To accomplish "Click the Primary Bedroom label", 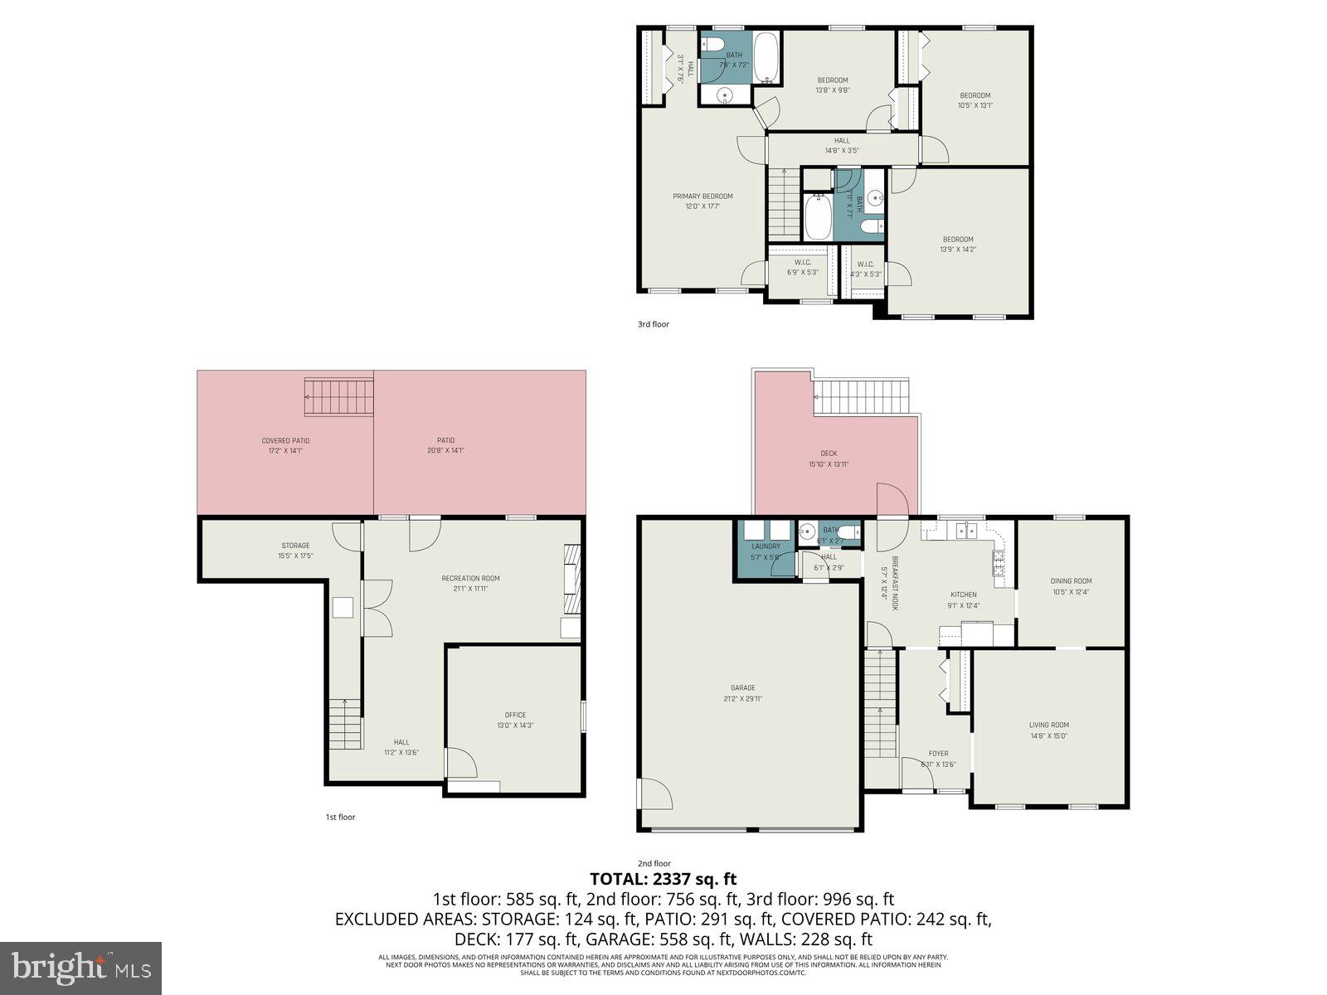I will click(702, 201).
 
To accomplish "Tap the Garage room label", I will click(742, 692).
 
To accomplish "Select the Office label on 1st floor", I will click(515, 720).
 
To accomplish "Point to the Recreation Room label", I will click(470, 583).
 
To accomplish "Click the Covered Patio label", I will click(285, 445).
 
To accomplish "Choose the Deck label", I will click(829, 459).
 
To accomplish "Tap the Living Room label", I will click(1048, 730).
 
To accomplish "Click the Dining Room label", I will click(1072, 585).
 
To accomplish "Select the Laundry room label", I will click(766, 551).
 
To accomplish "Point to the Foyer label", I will click(938, 759).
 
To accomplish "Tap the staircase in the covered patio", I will click(338, 396).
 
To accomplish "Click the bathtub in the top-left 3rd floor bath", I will click(767, 57).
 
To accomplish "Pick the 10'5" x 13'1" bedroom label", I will click(975, 100).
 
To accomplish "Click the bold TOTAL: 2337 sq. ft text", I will click(663, 879).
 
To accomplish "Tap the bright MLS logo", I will click(81, 968).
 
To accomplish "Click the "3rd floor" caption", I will click(653, 324).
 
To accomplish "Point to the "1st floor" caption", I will click(340, 817).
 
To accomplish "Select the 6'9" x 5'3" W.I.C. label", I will click(802, 267).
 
